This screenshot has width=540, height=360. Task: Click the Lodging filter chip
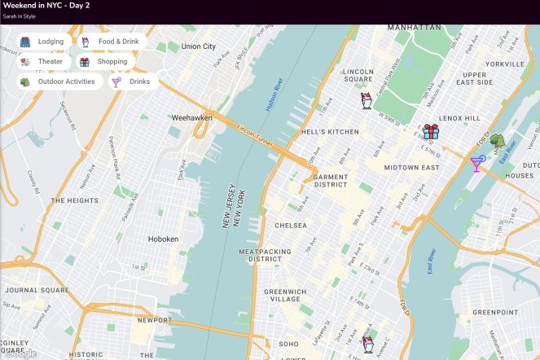coord(42,42)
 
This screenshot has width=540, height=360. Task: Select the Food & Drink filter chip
coord(111,42)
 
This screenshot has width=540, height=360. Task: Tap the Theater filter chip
coord(42,61)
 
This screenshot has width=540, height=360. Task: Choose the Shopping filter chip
coord(104,61)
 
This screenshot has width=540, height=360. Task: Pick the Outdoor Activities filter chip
coord(58,81)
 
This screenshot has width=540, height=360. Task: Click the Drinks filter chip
coord(131,81)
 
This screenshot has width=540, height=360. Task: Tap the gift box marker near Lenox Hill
coord(430,131)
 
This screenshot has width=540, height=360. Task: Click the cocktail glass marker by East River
coord(477,164)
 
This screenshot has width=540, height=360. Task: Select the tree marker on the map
coord(497,142)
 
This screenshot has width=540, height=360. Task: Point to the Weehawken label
coord(191,117)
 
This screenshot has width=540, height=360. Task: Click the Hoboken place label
coord(169,239)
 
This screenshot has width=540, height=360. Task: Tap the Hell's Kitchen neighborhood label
coord(330,132)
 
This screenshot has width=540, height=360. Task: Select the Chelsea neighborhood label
coord(291,226)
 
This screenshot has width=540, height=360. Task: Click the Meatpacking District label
coord(264,257)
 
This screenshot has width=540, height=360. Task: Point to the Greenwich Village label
coord(284,295)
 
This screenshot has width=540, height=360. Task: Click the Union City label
coord(199,46)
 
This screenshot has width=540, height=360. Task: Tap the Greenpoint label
coord(495,312)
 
